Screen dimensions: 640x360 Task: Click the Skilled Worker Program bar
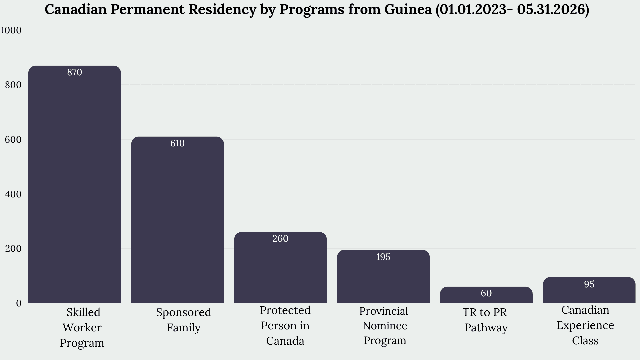tap(75, 184)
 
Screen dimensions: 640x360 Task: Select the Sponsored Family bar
tap(177, 220)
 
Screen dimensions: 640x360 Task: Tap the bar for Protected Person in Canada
tap(280, 267)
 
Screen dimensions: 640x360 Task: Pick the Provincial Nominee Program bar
tap(383, 276)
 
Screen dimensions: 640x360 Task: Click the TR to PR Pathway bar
tap(486, 295)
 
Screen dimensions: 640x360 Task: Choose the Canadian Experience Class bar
tap(589, 290)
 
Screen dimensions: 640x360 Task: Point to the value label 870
tap(75, 72)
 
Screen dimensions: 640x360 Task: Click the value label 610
tap(177, 143)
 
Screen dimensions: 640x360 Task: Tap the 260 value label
tap(280, 239)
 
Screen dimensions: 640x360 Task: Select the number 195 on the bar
tap(383, 257)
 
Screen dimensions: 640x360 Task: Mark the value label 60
tap(486, 293)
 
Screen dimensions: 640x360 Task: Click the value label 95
tap(589, 284)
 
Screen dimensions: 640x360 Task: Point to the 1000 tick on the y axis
tap(11, 30)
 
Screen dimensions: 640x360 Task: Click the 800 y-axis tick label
tap(13, 85)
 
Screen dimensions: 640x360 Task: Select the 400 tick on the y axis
tap(13, 194)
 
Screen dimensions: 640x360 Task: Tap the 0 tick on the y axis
tap(19, 303)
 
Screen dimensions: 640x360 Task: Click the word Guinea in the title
tap(408, 9)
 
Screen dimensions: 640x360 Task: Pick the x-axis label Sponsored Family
tap(184, 320)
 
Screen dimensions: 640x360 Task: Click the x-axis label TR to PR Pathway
tap(485, 320)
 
